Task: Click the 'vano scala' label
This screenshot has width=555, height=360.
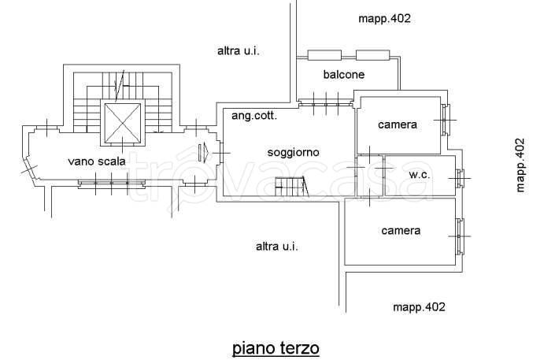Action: click(x=98, y=161)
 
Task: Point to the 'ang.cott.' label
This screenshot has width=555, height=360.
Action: click(x=253, y=115)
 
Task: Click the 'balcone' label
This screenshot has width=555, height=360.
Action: click(x=344, y=75)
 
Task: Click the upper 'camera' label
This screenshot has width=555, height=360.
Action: click(x=397, y=124)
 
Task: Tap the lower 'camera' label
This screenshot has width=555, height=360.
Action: click(x=401, y=231)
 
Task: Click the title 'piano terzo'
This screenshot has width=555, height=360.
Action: click(x=276, y=347)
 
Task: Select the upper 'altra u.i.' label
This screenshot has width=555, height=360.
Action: click(x=238, y=51)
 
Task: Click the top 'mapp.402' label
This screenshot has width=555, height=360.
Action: click(x=384, y=18)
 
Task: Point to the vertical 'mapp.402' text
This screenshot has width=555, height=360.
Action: click(x=520, y=165)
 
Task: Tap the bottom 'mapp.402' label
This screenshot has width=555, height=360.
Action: click(x=419, y=306)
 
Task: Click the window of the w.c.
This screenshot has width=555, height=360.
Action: click(x=461, y=178)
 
